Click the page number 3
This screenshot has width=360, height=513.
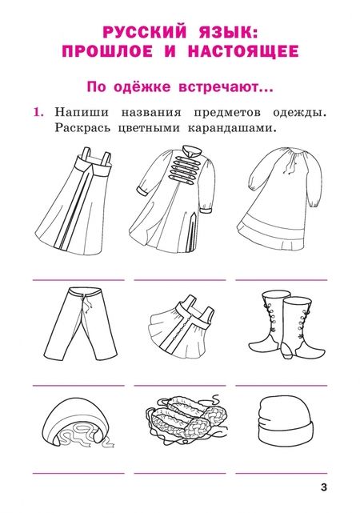pyautogui.click(x=323, y=487)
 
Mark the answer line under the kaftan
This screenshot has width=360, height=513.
pyautogui.click(x=179, y=280)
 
